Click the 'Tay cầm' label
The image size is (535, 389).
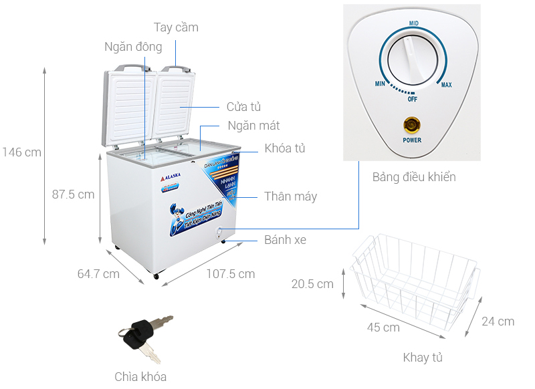tap(176, 27)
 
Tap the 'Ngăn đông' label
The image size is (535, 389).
tap(133, 47)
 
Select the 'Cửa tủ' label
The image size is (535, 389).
tap(243, 107)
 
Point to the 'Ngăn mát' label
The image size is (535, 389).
tap(253, 126)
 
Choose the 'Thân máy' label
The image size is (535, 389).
tap(290, 197)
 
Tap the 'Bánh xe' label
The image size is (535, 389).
tap(285, 239)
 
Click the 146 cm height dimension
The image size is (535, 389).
tap(21, 152)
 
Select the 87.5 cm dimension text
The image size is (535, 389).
tap(74, 194)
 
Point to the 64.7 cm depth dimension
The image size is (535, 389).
tap(98, 273)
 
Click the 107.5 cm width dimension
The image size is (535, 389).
tap(230, 273)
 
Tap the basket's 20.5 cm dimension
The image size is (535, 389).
tap(312, 284)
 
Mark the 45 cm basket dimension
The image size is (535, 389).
tap(383, 327)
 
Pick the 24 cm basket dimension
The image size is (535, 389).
tap(498, 321)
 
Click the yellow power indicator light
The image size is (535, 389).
tap(412, 124)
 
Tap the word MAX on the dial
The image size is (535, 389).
tap(446, 84)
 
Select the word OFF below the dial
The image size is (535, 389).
tap(413, 99)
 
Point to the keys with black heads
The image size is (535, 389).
tap(144, 332)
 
